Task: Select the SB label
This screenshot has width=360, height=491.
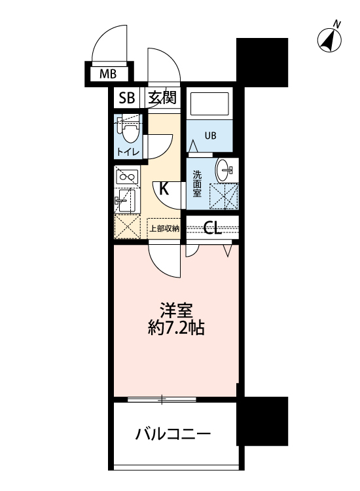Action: point(126,98)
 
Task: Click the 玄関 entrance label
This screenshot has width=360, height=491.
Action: point(161,98)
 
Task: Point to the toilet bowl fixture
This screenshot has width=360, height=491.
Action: point(130,133)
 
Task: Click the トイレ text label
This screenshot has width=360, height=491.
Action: point(128,153)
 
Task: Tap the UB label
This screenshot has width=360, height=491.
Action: point(209,137)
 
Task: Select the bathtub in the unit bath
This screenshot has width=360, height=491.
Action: point(209,105)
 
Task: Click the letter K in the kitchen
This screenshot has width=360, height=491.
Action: point(164,190)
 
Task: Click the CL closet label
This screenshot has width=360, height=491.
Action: point(211,228)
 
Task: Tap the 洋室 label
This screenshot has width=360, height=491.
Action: point(175,309)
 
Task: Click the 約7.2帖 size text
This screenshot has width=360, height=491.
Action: point(175,328)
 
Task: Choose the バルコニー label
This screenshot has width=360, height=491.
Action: point(173,433)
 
